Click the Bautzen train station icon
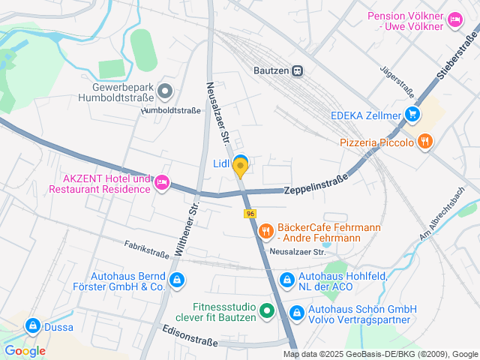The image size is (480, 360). coord(298,71)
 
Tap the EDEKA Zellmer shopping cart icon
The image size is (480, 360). coord(412,115)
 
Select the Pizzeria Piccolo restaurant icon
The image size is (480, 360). coord(425,141)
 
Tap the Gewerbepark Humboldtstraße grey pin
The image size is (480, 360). coord(166,93)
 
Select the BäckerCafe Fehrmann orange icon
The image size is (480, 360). coord(265,232)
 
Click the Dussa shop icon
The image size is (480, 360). coord(32,326)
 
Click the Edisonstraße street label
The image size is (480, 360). coord(190,335)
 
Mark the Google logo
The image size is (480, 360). coord(25,350)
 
